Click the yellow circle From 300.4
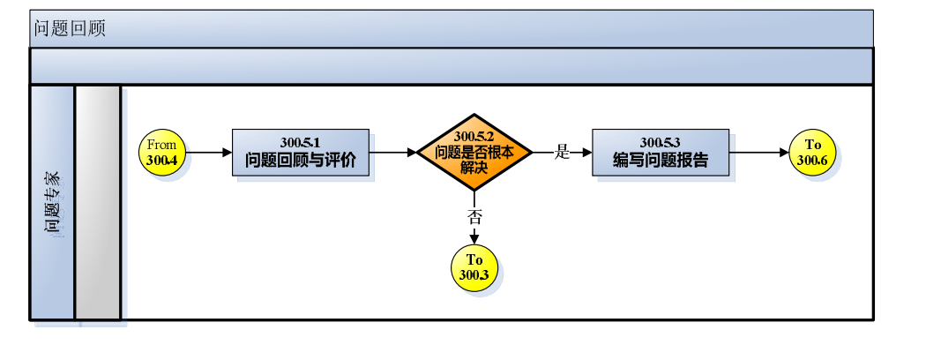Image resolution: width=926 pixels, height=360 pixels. pyautogui.click(x=163, y=152)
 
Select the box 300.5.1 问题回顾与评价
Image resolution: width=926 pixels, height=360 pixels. pyautogui.click(x=301, y=152)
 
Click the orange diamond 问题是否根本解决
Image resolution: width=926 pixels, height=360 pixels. pyautogui.click(x=474, y=152)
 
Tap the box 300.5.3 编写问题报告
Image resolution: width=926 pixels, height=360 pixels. pyautogui.click(x=661, y=152)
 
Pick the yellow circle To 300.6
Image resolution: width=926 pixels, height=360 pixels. pyautogui.click(x=812, y=152)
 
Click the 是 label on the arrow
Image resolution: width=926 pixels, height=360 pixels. pyautogui.click(x=563, y=152)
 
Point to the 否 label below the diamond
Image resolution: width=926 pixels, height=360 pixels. pyautogui.click(x=474, y=214)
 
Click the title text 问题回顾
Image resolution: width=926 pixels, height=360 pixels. pyautogui.click(x=70, y=28)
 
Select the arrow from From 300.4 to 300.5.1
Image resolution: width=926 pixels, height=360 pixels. pyautogui.click(x=210, y=152)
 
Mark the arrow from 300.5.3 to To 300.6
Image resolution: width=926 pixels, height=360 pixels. pyautogui.click(x=759, y=152)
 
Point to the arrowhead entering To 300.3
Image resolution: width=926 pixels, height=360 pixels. pyautogui.click(x=474, y=239)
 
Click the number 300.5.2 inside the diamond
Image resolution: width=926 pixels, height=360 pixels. pyautogui.click(x=474, y=137)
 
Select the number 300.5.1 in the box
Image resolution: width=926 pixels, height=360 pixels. pyautogui.click(x=300, y=142)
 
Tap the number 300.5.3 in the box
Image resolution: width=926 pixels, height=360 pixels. pyautogui.click(x=661, y=142)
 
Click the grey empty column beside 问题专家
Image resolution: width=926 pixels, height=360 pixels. pyautogui.click(x=97, y=203)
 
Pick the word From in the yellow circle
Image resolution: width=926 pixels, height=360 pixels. pyautogui.click(x=162, y=145)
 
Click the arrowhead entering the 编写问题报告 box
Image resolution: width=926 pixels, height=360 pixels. pyautogui.click(x=586, y=152)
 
